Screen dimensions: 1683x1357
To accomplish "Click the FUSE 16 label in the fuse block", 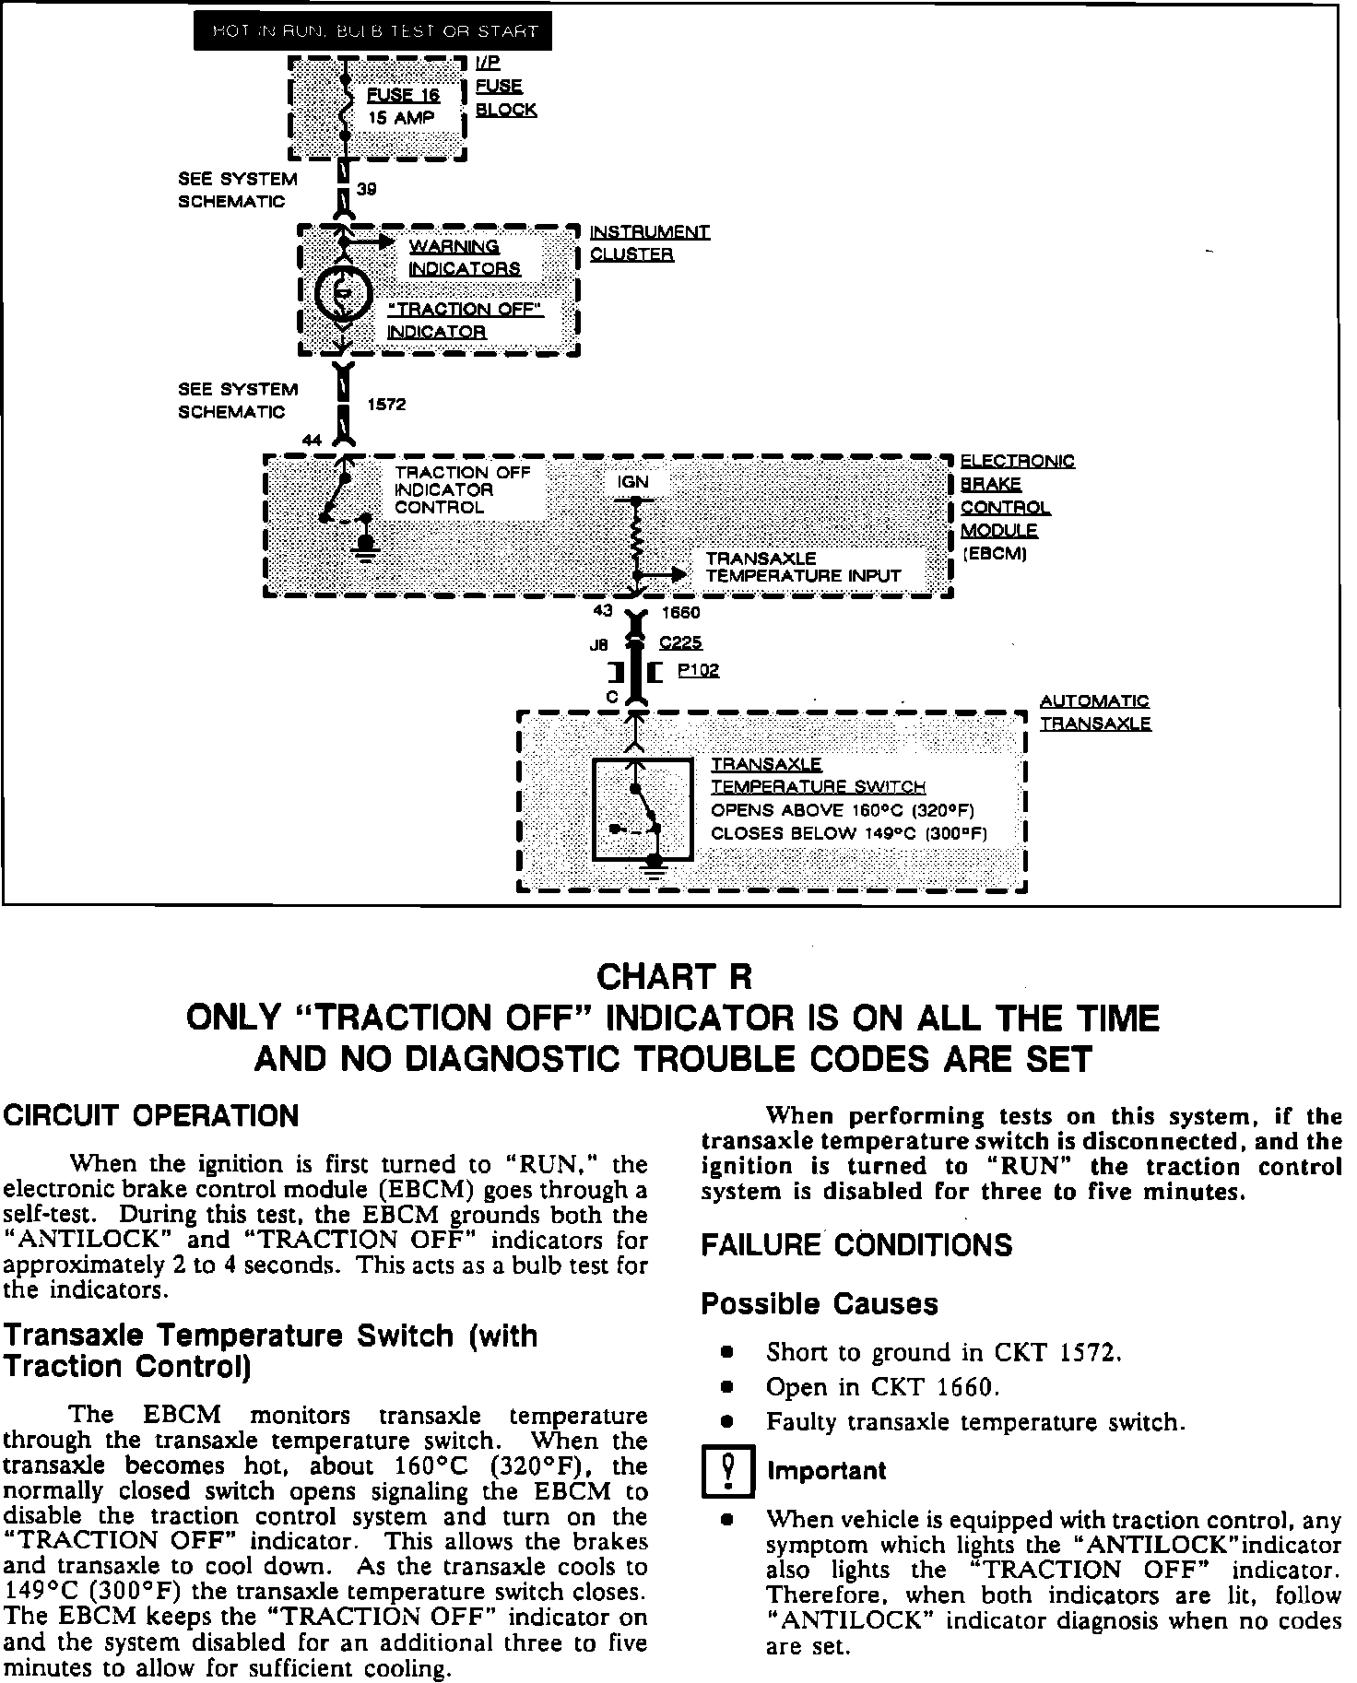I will [x=404, y=95].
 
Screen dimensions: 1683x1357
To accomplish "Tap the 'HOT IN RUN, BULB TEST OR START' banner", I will [x=373, y=31].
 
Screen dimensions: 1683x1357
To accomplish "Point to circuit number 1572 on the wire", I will [x=387, y=405].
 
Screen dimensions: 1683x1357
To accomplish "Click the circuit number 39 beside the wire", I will [x=366, y=189].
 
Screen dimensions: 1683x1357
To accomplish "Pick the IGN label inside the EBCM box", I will [x=632, y=482].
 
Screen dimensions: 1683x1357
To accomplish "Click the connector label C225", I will [x=680, y=643].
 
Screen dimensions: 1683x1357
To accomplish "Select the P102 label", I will [x=698, y=671].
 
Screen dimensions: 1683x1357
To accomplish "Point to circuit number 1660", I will [x=680, y=613].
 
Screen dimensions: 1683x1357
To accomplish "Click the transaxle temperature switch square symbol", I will [x=643, y=810].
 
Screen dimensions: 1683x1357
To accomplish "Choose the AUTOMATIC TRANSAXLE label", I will [x=1095, y=712].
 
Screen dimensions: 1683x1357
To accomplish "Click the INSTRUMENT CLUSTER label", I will [x=649, y=243].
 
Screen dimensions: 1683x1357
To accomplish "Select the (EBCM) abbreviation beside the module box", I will [x=995, y=554].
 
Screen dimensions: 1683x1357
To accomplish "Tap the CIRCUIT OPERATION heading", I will [x=152, y=1116].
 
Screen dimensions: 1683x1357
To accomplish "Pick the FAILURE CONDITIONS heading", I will [x=856, y=1246].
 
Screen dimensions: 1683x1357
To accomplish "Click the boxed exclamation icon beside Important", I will [x=727, y=1471].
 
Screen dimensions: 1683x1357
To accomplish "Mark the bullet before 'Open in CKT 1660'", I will [x=726, y=1386].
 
